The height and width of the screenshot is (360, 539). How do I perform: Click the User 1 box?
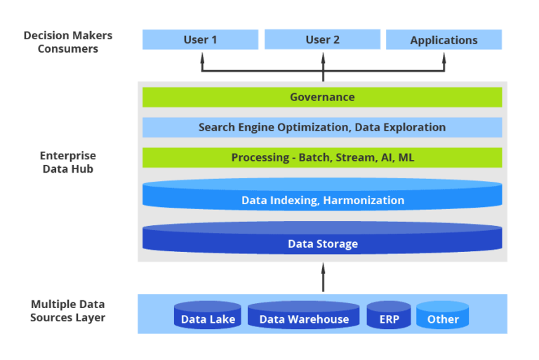[x=200, y=40]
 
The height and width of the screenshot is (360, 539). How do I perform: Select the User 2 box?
[x=322, y=40]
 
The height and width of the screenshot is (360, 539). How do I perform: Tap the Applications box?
[x=444, y=40]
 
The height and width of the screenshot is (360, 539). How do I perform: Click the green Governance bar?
[x=322, y=98]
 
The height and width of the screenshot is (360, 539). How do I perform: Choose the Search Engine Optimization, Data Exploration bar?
[x=322, y=127]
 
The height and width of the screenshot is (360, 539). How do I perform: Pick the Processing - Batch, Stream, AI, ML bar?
[x=322, y=158]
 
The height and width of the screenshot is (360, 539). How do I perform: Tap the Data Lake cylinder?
[x=208, y=316]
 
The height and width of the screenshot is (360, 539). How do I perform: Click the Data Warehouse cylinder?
[x=304, y=316]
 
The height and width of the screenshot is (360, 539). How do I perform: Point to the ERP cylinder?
[x=389, y=316]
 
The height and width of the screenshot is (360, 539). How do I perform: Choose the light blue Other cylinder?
[x=443, y=316]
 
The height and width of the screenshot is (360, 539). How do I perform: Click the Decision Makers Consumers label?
[x=68, y=42]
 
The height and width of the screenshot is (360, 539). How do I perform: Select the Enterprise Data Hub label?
[x=67, y=162]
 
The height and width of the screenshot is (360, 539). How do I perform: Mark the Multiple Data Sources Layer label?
[x=67, y=311]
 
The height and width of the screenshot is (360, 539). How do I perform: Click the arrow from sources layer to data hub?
[x=324, y=277]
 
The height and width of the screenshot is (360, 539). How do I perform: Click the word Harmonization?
[x=364, y=200]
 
